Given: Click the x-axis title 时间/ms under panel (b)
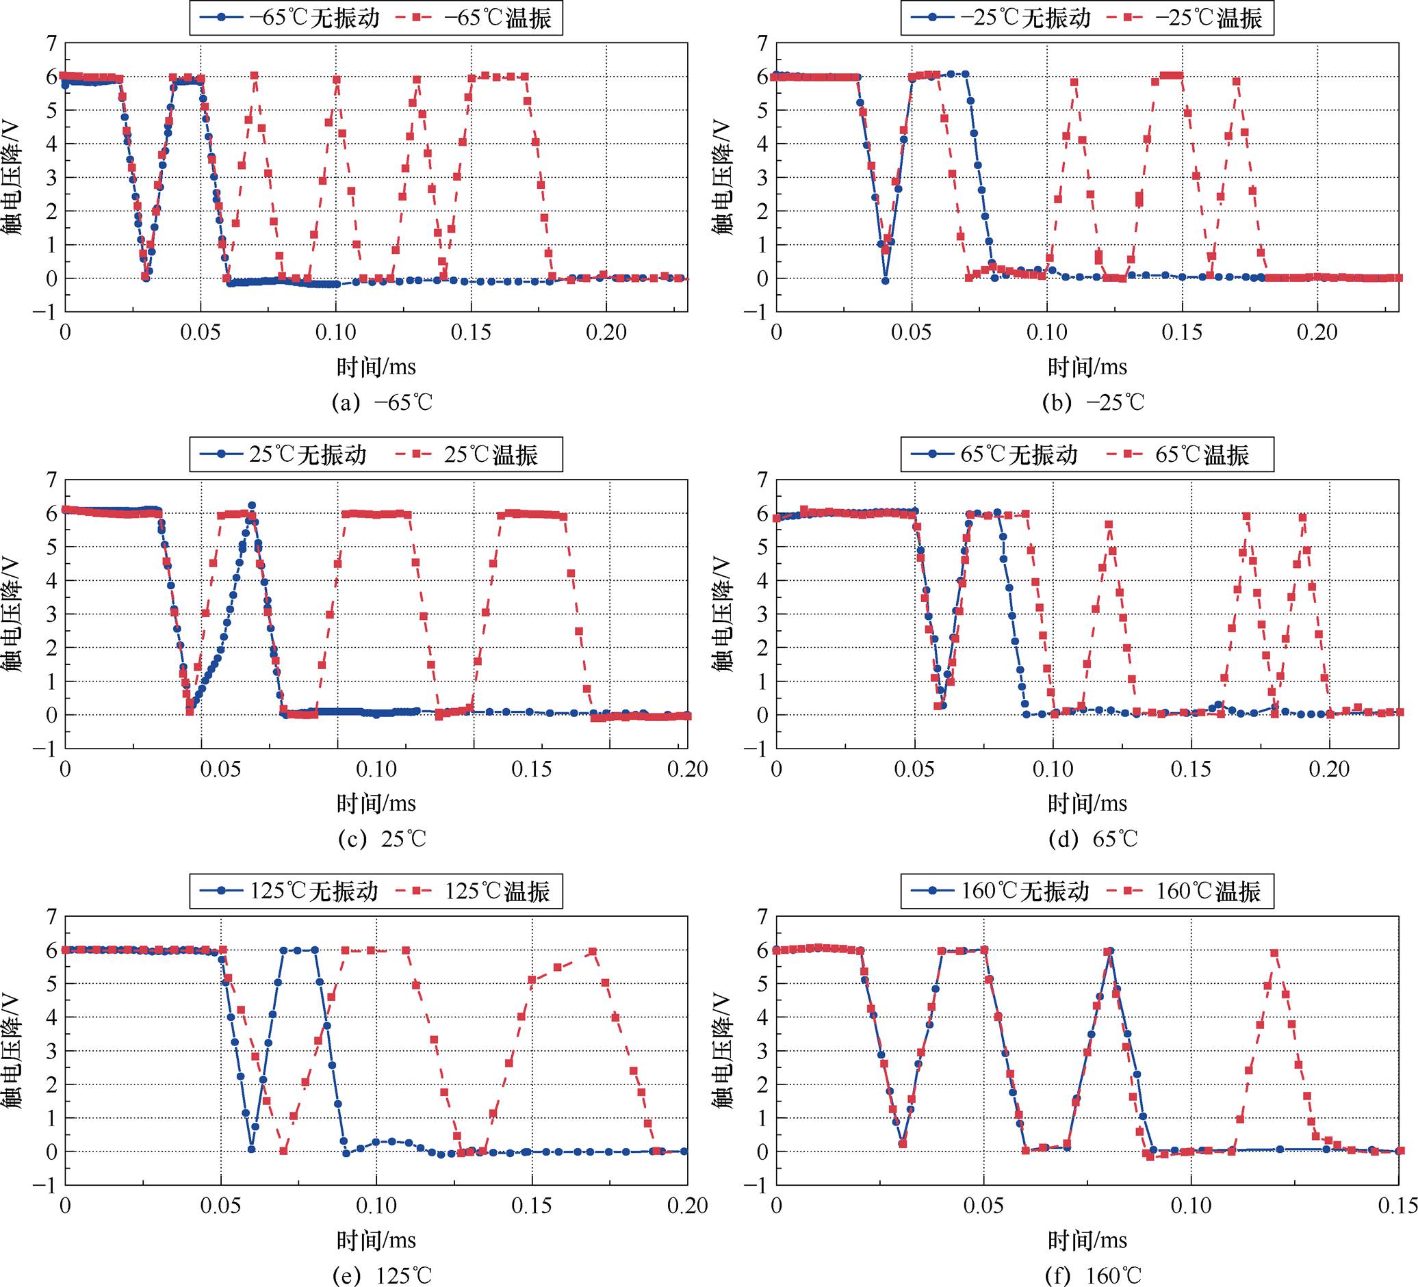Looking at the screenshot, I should coord(1087,367).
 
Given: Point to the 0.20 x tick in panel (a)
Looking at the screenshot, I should coord(606,332).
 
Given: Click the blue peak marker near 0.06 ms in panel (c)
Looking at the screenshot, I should coord(251,506).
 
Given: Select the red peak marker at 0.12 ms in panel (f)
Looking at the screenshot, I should coord(1274,953).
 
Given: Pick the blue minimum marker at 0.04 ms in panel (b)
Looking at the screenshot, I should coord(885,281).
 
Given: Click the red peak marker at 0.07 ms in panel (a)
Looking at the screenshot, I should coord(255,75).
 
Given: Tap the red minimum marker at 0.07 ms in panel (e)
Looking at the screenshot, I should coord(283,1152).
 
